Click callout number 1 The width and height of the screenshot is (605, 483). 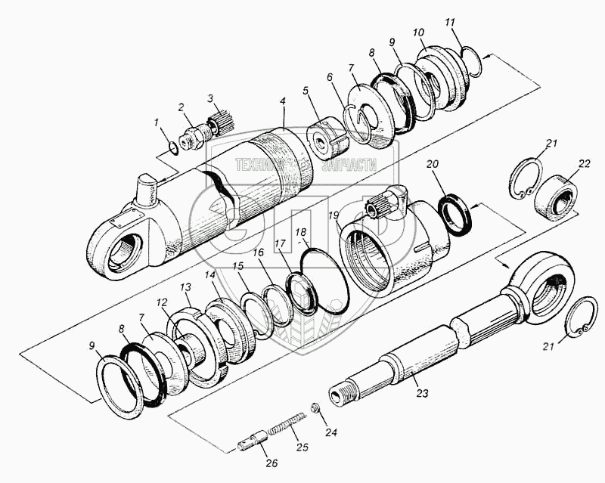coord(157,122)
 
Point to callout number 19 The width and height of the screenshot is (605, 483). coord(333,216)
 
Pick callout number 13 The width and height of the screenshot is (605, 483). coord(185,287)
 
